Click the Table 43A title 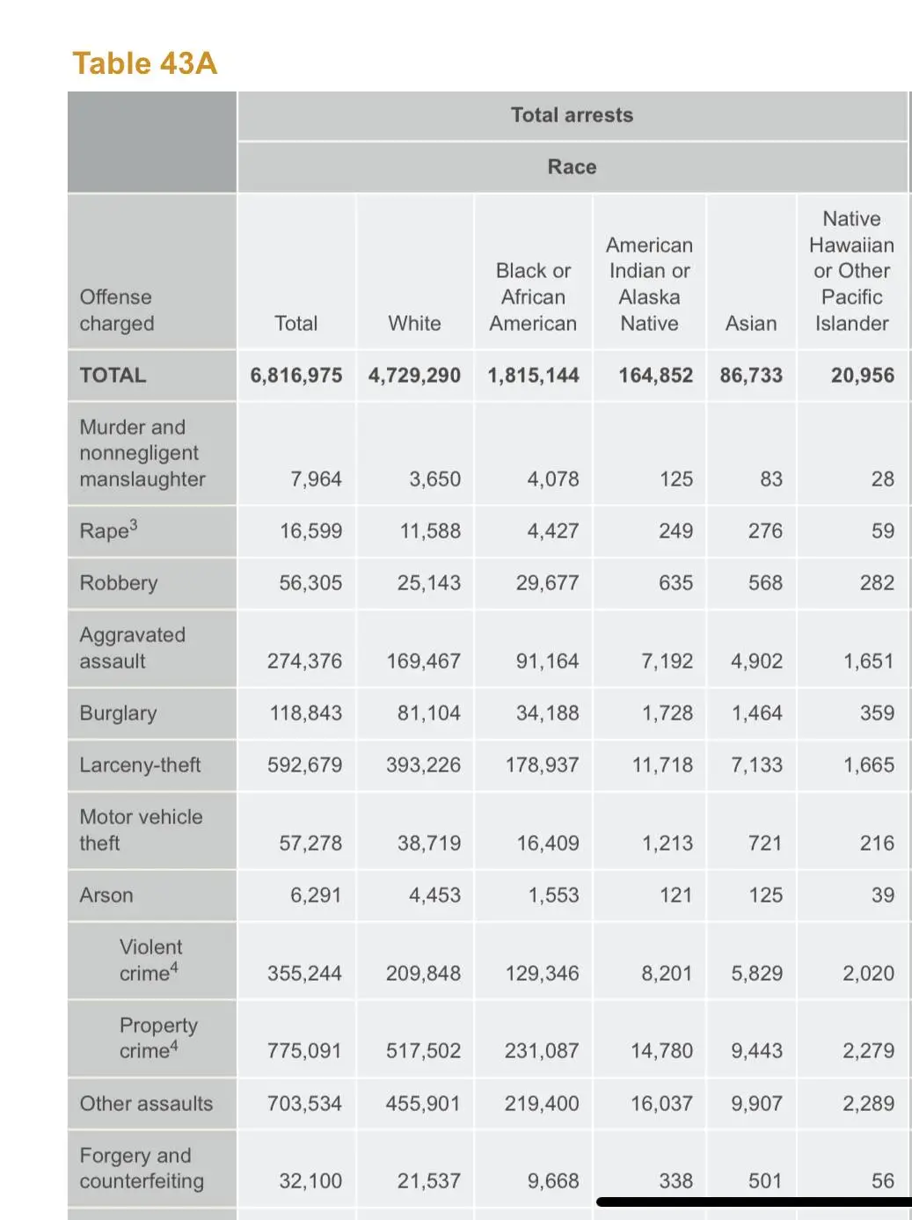click(144, 63)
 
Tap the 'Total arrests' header click(572, 115)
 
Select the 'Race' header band click(572, 167)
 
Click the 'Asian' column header click(751, 324)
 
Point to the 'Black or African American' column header click(533, 297)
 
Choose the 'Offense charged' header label click(116, 310)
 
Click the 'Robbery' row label click(119, 583)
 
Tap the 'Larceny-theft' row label click(140, 765)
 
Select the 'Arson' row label click(106, 895)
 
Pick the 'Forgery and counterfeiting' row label click(142, 1168)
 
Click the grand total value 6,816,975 click(296, 376)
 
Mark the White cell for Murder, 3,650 click(434, 479)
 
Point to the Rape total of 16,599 click(310, 531)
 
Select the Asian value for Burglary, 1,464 click(756, 713)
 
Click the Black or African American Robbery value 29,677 click(547, 583)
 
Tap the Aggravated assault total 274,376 click(304, 661)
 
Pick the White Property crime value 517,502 click(423, 1051)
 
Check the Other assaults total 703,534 click(304, 1104)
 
